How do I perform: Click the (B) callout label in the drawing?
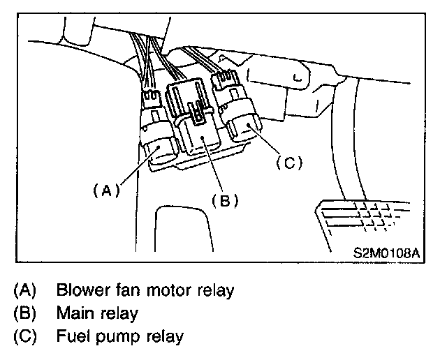tap(225, 200)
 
